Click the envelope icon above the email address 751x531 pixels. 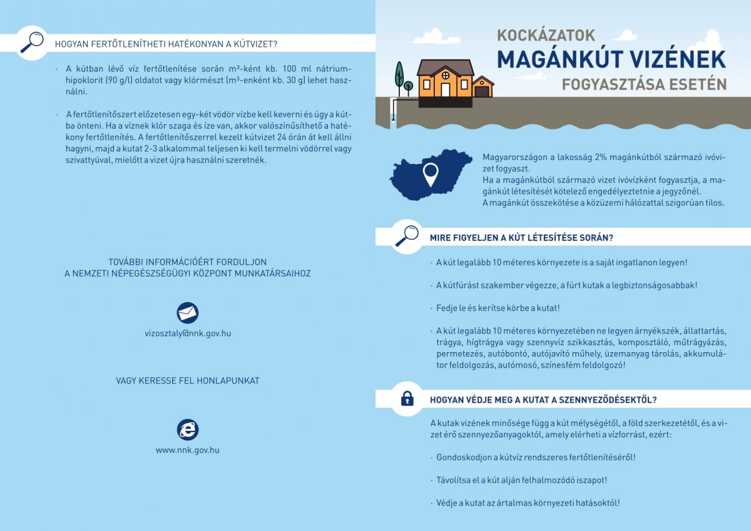[188, 312]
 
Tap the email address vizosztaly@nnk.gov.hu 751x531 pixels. [188, 333]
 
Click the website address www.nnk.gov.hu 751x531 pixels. [188, 450]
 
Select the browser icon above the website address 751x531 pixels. [188, 429]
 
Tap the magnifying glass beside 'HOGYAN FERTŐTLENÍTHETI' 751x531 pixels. [31, 42]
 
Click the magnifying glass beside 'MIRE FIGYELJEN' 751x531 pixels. [407, 236]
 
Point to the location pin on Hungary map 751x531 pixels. [430, 173]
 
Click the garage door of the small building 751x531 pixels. [483, 92]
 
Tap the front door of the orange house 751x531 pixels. [444, 89]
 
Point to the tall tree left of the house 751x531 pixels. [398, 74]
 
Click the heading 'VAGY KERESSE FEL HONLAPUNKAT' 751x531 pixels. [188, 380]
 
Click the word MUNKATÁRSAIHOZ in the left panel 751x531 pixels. [273, 273]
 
